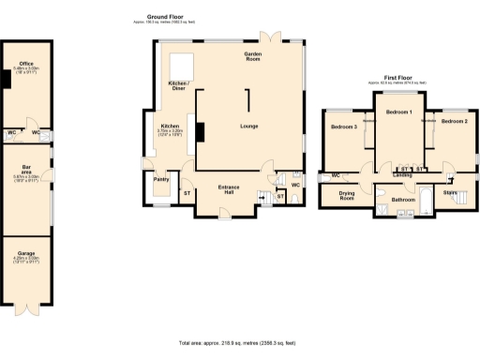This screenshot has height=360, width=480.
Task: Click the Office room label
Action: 25,64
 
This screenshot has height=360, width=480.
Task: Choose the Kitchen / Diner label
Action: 178,86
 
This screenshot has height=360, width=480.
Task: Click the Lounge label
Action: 249,126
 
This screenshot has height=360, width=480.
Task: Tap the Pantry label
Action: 160,178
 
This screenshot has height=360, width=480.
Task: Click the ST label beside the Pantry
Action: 187,193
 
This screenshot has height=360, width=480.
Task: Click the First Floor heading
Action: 397,80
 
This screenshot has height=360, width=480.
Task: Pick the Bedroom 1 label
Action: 399,112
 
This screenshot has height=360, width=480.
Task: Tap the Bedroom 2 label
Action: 454,121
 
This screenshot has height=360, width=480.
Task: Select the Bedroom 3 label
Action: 344,126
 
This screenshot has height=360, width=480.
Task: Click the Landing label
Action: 403,174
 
